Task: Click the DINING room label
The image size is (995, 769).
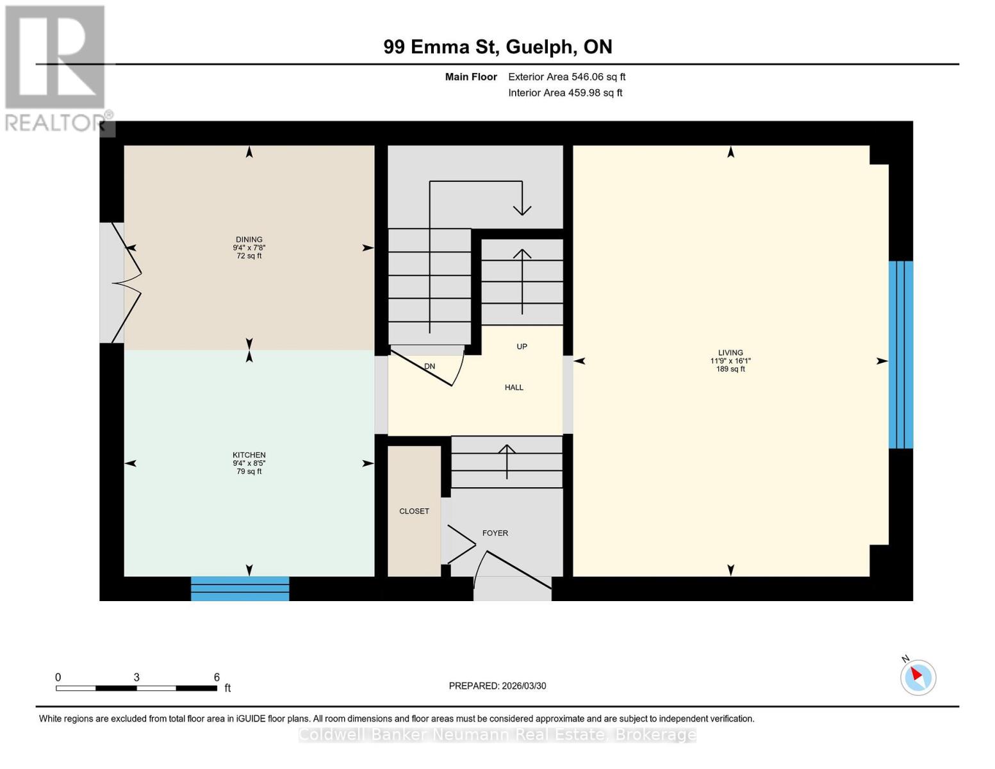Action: [x=249, y=240]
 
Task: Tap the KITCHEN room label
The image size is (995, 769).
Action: [x=249, y=455]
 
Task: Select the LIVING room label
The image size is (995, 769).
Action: [x=730, y=352]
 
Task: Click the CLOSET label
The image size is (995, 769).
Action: [x=414, y=511]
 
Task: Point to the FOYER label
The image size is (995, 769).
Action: [x=495, y=533]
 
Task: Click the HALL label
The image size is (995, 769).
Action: [x=514, y=388]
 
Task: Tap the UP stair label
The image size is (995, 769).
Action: [x=522, y=347]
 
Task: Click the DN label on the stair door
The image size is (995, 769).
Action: [x=429, y=367]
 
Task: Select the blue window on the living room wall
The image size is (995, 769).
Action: [x=900, y=354]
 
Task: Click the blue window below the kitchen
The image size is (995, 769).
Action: [x=240, y=588]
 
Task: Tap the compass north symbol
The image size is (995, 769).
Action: [x=918, y=677]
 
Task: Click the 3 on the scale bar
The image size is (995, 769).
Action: [x=136, y=677]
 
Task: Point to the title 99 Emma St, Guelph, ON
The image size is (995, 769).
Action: [x=498, y=47]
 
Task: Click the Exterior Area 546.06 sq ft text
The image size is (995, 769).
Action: [x=566, y=77]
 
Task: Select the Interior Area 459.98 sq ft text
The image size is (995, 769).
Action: [x=565, y=93]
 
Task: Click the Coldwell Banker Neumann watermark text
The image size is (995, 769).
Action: [x=497, y=735]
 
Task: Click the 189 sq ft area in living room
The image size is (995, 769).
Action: [x=730, y=369]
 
